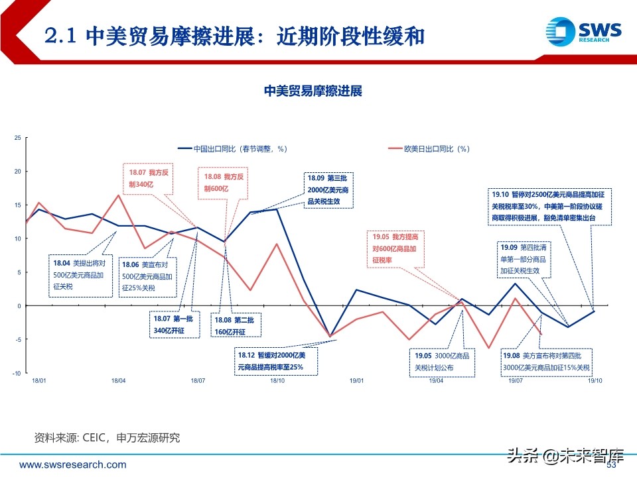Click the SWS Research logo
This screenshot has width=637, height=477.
click(x=582, y=31)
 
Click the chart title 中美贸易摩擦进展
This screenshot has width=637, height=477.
click(x=313, y=91)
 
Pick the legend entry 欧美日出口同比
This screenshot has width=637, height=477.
click(x=432, y=149)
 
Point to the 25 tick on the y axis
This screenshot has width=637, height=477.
click(x=17, y=138)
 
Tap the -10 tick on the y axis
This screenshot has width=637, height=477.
click(x=17, y=373)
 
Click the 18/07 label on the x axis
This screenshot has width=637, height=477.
click(x=197, y=381)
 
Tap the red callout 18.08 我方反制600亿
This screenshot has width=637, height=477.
click(x=225, y=183)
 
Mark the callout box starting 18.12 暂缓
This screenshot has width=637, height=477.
click(x=275, y=361)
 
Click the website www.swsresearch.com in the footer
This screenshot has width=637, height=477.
click(x=73, y=465)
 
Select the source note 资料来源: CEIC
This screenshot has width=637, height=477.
click(x=107, y=438)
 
